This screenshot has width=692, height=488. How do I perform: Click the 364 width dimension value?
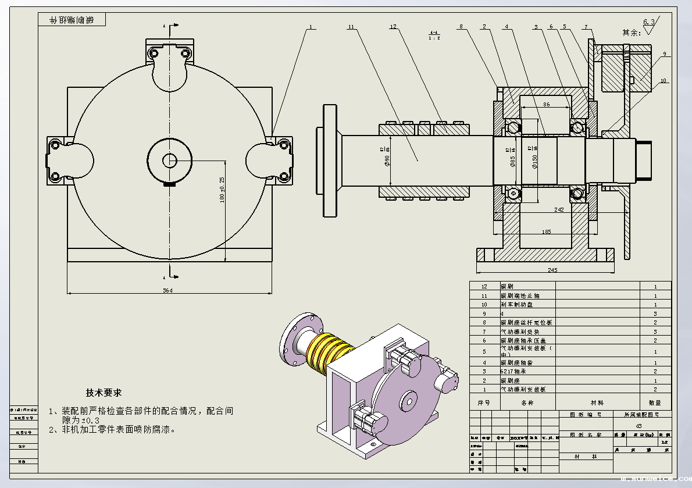tap(168, 290)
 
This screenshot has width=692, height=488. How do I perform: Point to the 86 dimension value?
tap(546, 104)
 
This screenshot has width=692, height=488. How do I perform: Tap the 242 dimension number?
tap(559, 209)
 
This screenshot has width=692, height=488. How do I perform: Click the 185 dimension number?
tap(546, 232)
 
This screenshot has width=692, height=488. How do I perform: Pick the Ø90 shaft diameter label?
tap(387, 159)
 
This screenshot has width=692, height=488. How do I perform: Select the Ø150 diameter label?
tap(534, 160)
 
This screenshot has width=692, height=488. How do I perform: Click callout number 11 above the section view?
tap(351, 27)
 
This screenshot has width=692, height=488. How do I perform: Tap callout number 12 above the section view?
tap(393, 27)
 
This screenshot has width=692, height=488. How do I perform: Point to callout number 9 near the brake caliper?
tap(664, 55)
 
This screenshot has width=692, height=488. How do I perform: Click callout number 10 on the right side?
tap(664, 80)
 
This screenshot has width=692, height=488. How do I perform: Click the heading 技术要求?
tap(104, 393)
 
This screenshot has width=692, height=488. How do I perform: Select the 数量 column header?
tap(655, 402)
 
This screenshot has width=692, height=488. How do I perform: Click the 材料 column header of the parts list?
tap(597, 402)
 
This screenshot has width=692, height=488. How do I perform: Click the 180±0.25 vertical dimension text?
tap(222, 189)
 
